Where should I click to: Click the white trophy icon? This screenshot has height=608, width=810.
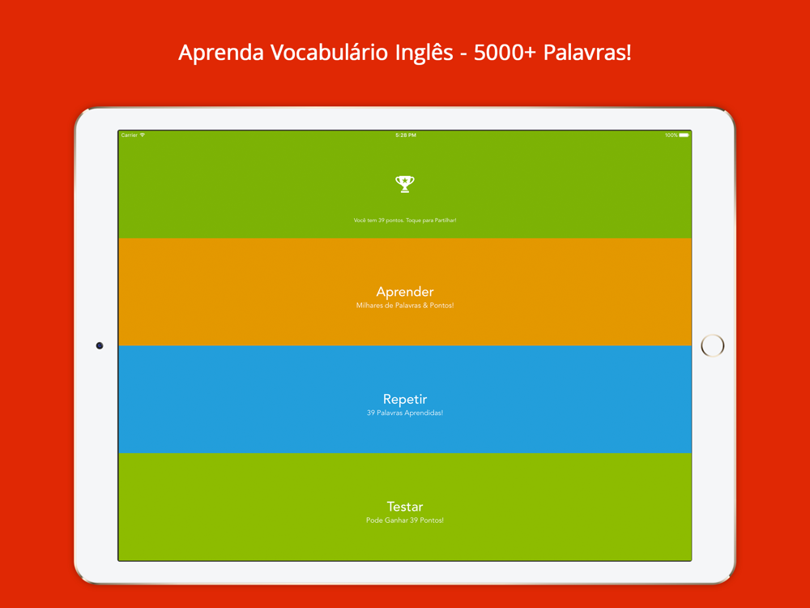coord(405,184)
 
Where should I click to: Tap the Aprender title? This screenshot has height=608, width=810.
coord(405,292)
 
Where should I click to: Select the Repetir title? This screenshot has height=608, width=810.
coord(405,399)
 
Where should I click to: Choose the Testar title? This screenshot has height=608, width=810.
coord(405,507)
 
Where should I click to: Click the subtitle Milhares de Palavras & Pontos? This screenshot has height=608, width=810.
coord(405,306)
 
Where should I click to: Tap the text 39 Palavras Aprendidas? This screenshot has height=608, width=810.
coord(405,413)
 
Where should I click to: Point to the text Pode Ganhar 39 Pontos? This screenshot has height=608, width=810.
coord(405,520)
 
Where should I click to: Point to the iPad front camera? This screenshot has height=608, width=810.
coord(100,345)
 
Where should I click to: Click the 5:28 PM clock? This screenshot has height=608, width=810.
coord(406,135)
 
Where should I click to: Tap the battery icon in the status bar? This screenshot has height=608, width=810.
coord(684,135)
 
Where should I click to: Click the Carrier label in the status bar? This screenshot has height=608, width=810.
coord(129,135)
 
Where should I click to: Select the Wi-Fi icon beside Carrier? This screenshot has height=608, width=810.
coord(143,135)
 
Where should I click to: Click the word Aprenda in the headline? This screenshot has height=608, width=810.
coord(221,53)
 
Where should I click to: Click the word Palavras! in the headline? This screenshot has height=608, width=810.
coord(587,52)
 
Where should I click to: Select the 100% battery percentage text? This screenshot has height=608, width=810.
coord(671,135)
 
